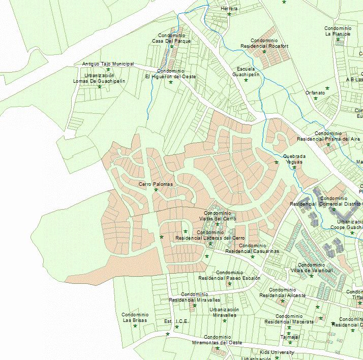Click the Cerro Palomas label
point(156,184)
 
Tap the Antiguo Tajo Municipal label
point(108,64)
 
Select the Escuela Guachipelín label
point(246,72)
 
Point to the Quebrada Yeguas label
point(294,159)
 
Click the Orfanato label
point(315,92)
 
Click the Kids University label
point(277,352)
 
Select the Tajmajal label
point(290,337)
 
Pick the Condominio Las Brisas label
point(135,317)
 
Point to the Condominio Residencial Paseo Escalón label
point(229,275)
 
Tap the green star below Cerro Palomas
point(156,190)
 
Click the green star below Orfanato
point(315,98)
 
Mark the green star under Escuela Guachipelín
point(246,80)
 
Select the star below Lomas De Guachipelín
point(100,87)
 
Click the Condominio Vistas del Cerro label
point(217,216)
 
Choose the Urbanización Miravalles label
point(224,312)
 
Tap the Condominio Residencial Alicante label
point(282,292)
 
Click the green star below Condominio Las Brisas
point(135,326)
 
